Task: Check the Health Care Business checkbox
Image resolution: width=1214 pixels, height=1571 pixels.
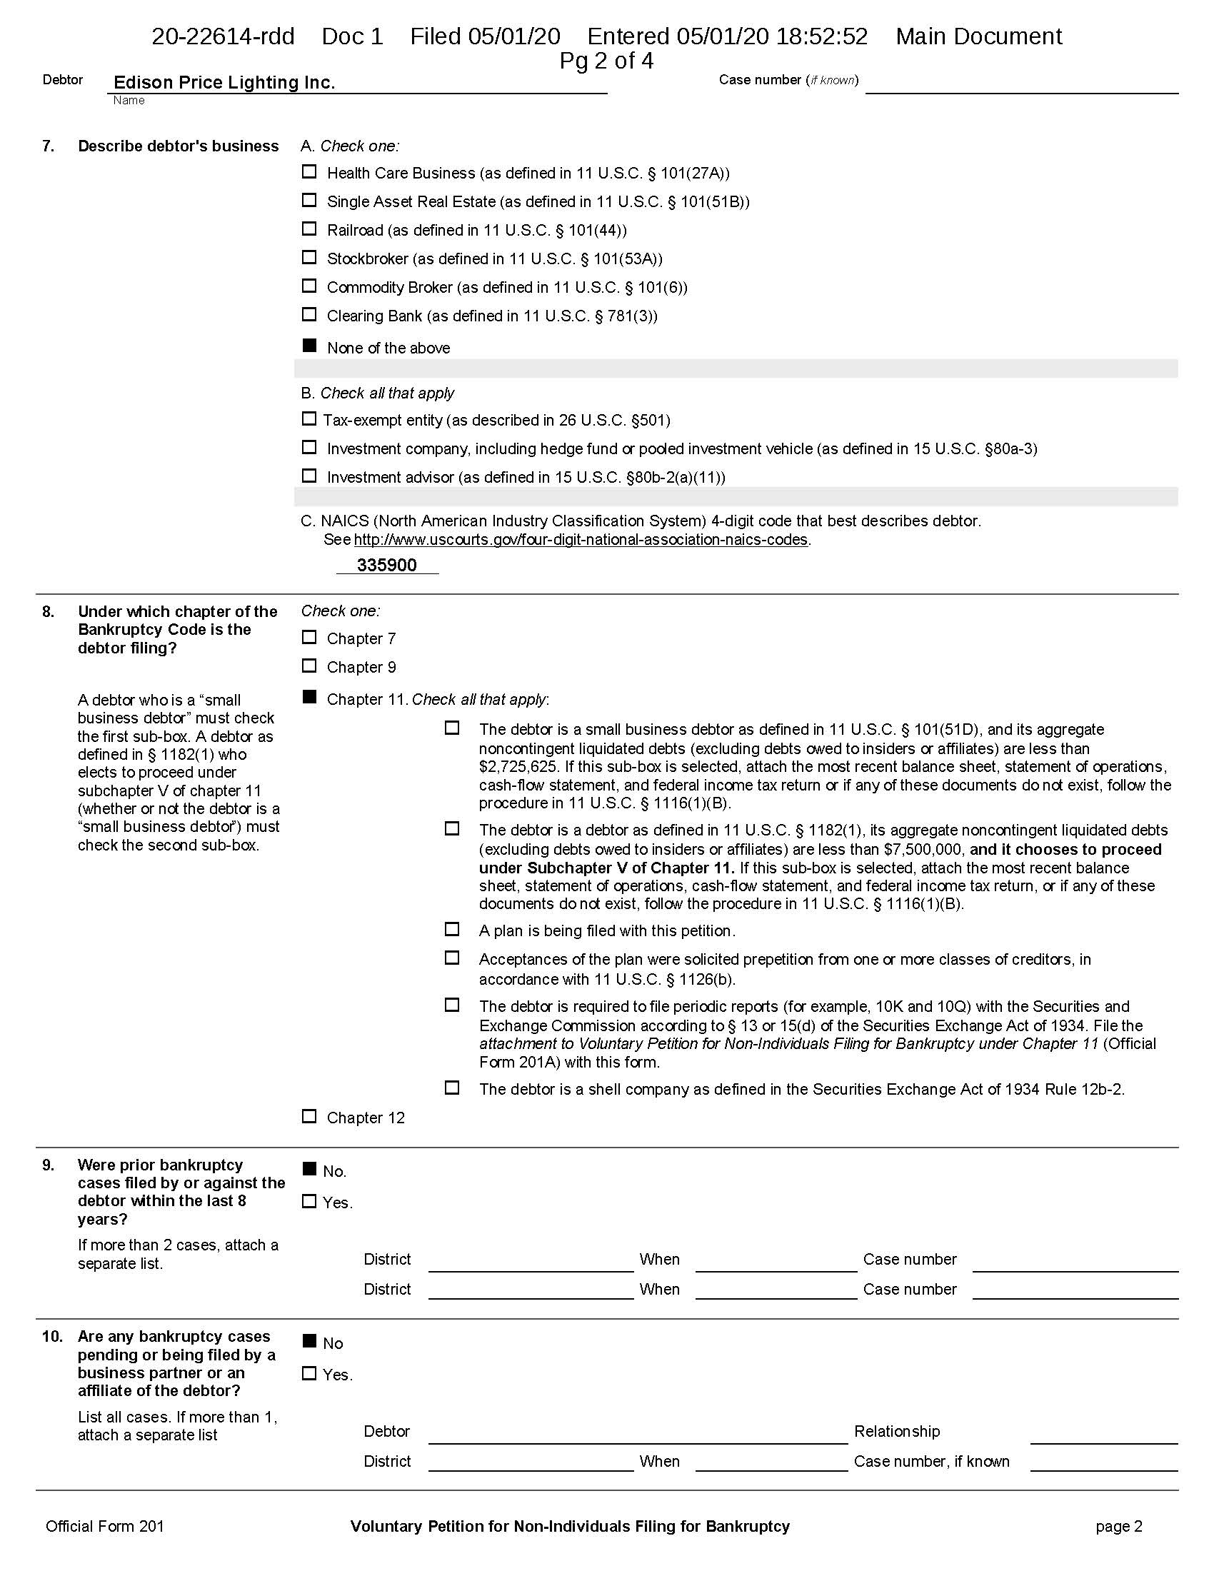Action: pyautogui.click(x=308, y=172)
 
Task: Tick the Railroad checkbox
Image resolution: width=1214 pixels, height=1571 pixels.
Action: pyautogui.click(x=308, y=229)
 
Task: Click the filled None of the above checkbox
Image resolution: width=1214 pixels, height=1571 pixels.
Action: pyautogui.click(x=308, y=346)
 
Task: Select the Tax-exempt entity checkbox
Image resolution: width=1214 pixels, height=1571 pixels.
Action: pyautogui.click(x=308, y=418)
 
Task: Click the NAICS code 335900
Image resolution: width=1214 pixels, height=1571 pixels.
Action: pyautogui.click(x=387, y=566)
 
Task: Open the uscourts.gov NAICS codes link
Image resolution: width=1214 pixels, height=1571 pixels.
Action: pyautogui.click(x=581, y=539)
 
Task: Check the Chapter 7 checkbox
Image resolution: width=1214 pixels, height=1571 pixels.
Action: pyautogui.click(x=308, y=637)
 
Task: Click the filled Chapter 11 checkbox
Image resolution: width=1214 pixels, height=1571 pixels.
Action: pyautogui.click(x=308, y=697)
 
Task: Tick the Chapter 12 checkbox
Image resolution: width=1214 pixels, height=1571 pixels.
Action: pyautogui.click(x=308, y=1116)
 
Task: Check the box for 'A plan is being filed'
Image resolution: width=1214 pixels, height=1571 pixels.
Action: pyautogui.click(x=451, y=929)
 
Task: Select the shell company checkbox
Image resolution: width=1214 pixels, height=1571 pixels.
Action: pyautogui.click(x=451, y=1088)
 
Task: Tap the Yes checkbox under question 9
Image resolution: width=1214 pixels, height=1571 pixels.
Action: pyautogui.click(x=308, y=1201)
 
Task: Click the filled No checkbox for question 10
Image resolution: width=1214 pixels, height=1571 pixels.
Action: pyautogui.click(x=308, y=1341)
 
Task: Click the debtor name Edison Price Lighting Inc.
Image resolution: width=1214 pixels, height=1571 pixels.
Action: pyautogui.click(x=224, y=83)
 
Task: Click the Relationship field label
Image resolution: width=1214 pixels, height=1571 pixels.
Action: pyautogui.click(x=897, y=1432)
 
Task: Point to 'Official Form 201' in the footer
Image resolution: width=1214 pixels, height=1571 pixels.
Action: pyautogui.click(x=104, y=1527)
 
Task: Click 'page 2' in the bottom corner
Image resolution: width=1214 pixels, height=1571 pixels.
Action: pyautogui.click(x=1118, y=1527)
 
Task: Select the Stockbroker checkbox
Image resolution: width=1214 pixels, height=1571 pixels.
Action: pyautogui.click(x=308, y=258)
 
